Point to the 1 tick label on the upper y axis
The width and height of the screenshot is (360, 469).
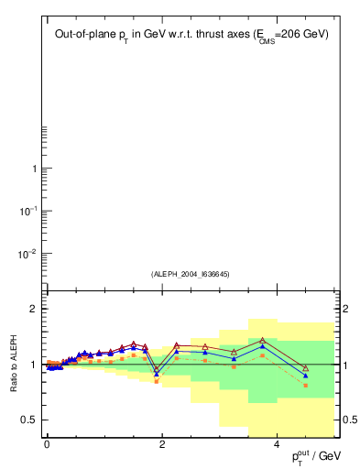point(35,169)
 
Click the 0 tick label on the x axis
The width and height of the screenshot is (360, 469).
point(47,444)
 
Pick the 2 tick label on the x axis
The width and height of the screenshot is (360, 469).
point(162,444)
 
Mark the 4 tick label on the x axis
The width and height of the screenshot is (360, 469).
point(277,444)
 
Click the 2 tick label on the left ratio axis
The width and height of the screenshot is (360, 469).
point(34,309)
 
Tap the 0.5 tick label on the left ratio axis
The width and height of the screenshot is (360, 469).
point(30,420)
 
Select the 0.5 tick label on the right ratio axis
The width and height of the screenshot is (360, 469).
point(348,420)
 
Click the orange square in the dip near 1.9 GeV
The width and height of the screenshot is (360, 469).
point(157,381)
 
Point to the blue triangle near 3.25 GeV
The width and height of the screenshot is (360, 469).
point(234,358)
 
